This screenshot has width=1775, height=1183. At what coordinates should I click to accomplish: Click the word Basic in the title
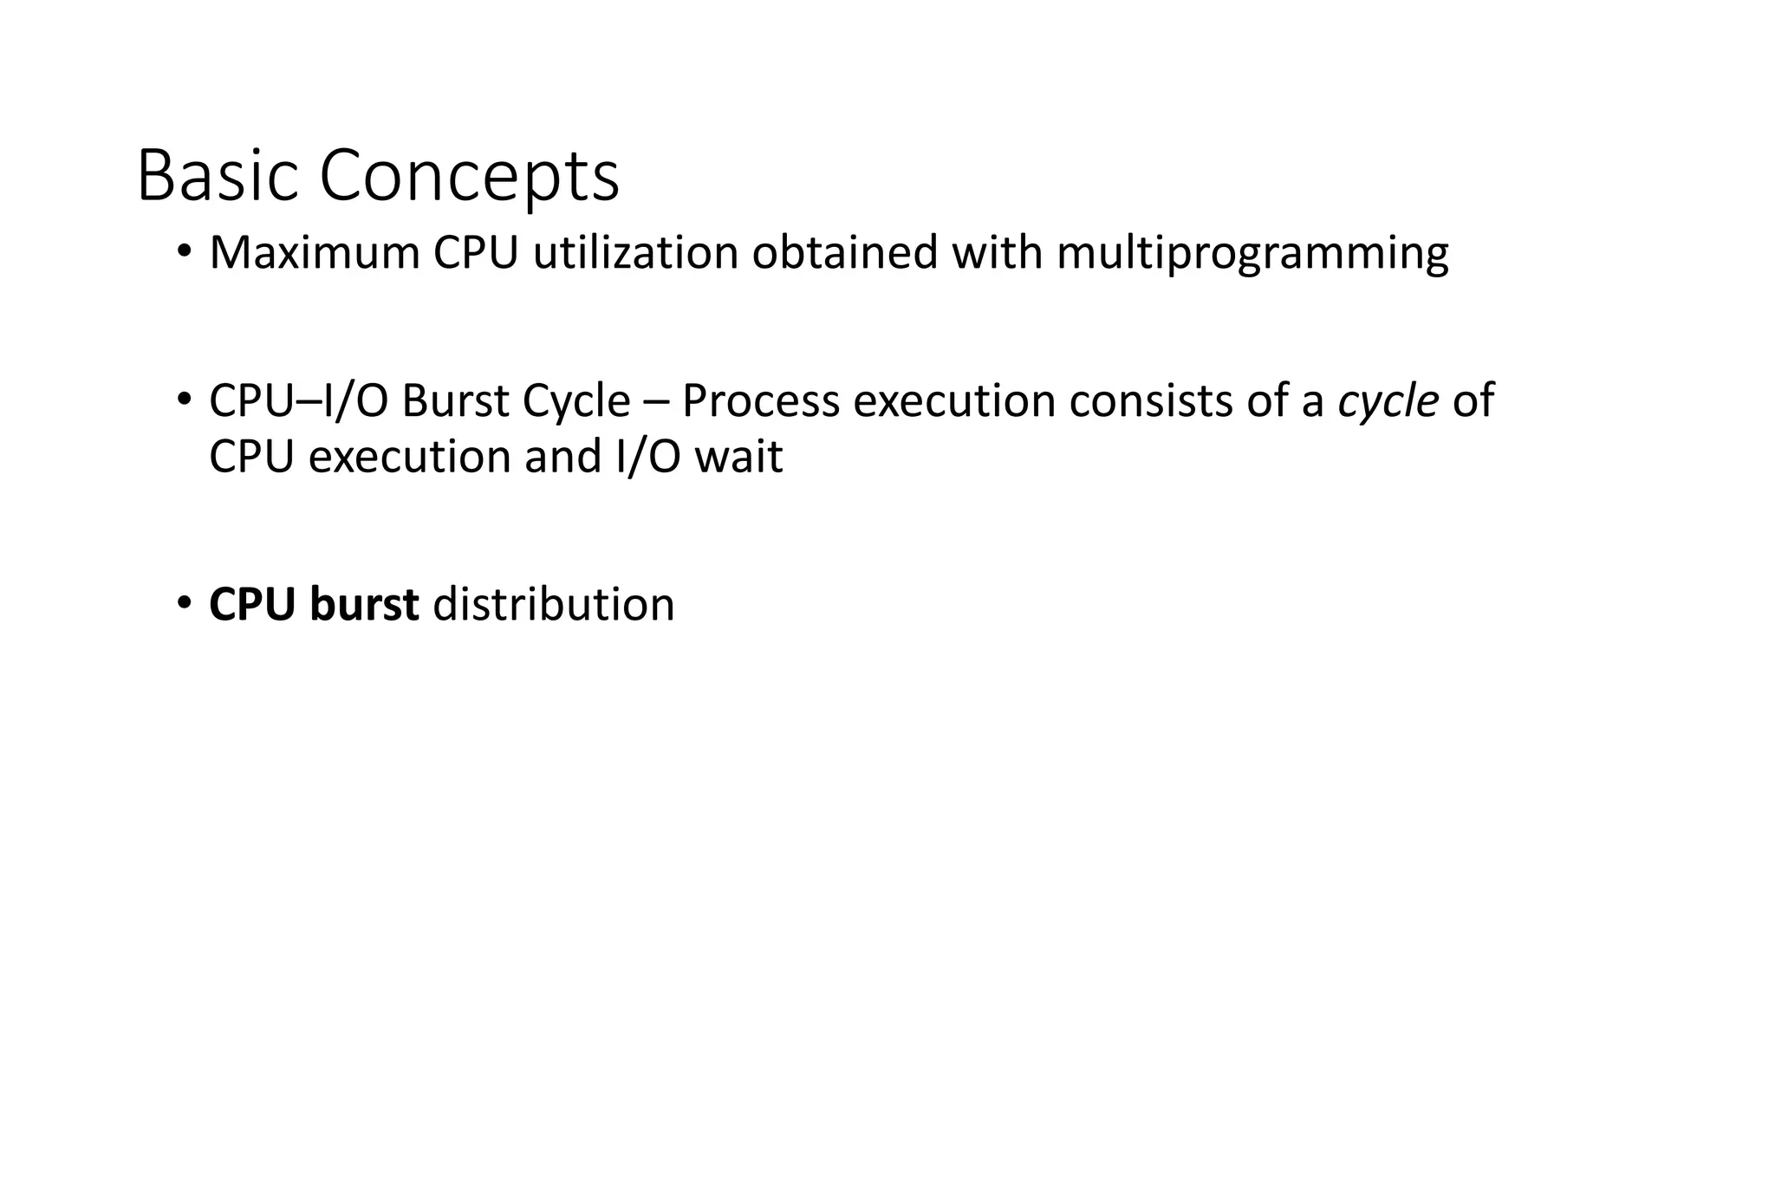coord(220,176)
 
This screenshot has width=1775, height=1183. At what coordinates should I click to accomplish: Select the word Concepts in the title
coord(469,176)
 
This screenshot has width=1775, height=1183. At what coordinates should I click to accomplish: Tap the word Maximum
coord(314,253)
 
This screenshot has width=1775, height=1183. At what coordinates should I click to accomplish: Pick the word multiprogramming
coord(1252,255)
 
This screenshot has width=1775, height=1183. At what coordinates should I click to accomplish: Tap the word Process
coord(761,401)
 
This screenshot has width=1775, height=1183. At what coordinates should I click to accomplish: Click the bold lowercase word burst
coord(364,604)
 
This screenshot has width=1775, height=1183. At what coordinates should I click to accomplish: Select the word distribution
coord(553,604)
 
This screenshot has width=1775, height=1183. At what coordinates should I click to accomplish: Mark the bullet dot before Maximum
coord(184,252)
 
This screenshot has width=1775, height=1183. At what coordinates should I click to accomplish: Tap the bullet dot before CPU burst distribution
coord(184,603)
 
